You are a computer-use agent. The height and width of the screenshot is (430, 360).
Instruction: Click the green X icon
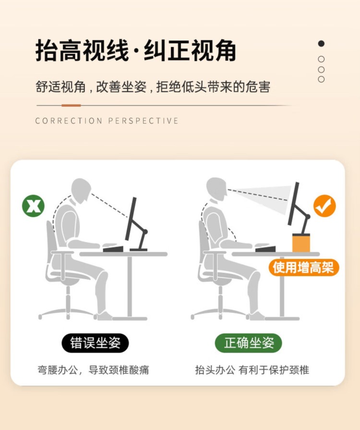click(33, 206)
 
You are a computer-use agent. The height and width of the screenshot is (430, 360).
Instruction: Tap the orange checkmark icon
click(324, 206)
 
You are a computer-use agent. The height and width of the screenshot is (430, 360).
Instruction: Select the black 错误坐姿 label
click(95, 343)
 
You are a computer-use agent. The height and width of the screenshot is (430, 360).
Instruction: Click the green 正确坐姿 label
click(249, 343)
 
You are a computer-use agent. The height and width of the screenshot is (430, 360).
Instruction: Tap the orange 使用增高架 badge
click(303, 268)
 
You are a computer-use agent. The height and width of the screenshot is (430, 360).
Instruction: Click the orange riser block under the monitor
click(301, 243)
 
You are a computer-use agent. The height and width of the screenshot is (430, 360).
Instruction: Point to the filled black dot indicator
click(321, 43)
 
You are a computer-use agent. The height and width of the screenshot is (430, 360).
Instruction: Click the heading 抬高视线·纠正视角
click(136, 50)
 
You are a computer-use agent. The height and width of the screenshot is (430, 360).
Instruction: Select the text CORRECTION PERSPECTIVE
click(107, 121)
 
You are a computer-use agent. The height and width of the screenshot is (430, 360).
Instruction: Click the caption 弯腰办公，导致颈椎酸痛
click(94, 370)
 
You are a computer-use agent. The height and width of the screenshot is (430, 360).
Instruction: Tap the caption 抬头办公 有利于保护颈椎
click(252, 370)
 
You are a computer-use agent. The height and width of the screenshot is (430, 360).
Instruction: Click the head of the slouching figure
click(81, 191)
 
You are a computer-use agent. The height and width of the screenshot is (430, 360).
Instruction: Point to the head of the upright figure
click(216, 190)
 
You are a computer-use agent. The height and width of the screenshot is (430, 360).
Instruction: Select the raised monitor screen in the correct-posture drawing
click(293, 204)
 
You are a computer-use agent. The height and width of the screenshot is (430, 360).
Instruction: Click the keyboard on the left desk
click(113, 249)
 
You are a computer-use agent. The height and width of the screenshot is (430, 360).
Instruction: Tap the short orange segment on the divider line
click(71, 105)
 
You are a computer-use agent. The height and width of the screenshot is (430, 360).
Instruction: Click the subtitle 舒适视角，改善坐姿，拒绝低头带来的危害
click(153, 86)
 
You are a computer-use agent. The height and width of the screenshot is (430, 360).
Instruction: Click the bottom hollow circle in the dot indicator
click(321, 79)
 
